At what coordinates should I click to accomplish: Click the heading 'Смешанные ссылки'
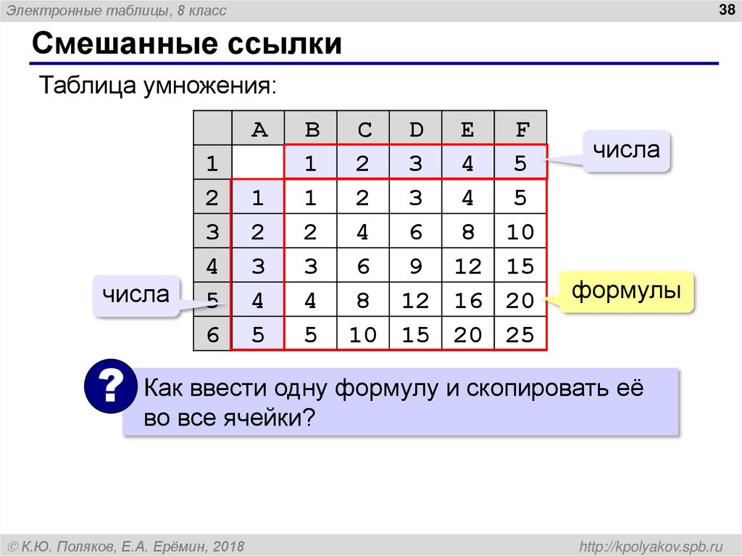186,43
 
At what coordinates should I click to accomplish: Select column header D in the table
415,129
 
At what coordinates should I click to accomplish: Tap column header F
521,129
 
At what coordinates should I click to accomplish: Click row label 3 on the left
212,232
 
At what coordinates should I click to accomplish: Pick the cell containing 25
521,334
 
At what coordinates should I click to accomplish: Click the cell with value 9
415,266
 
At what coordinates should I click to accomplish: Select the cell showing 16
468,300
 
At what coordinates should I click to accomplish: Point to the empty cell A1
259,163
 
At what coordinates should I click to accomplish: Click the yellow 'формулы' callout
626,292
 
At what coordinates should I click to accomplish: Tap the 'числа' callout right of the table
626,151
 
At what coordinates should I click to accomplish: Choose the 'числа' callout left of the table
136,295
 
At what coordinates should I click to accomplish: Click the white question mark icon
110,389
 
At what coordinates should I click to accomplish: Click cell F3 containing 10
521,232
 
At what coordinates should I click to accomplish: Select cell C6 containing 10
362,334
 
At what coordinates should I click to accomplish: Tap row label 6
212,334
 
